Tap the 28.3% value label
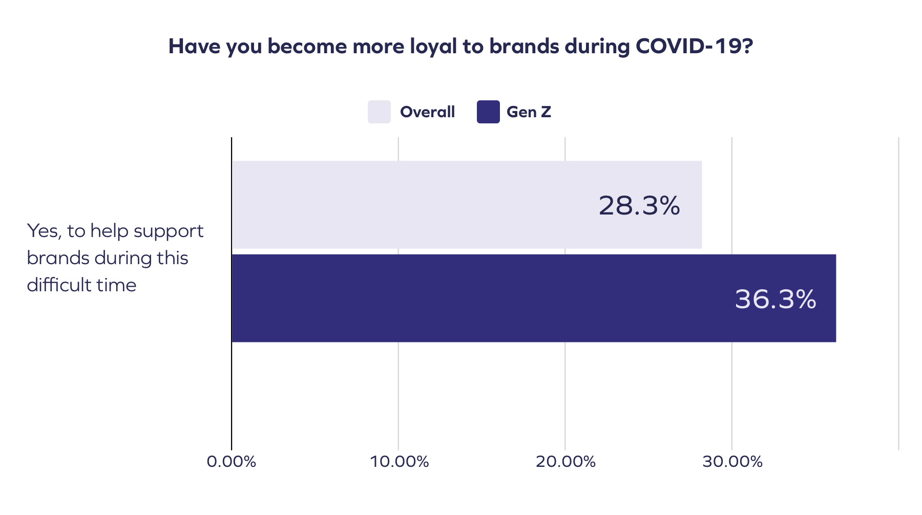pos(639,206)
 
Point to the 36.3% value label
pos(775,299)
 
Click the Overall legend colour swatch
pos(379,112)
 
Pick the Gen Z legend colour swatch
pos(488,112)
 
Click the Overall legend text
pos(427,112)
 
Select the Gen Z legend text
pos(529,112)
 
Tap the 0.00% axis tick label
pos(232,462)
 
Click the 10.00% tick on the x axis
pos(399,462)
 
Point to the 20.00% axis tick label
pos(565,462)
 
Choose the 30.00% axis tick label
pos(732,462)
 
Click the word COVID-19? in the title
pos(694,46)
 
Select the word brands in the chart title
pos(524,46)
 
